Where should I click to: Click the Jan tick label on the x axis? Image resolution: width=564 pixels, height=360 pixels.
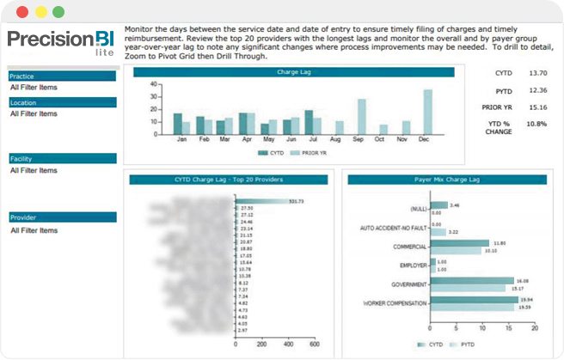pyautogui.click(x=181, y=138)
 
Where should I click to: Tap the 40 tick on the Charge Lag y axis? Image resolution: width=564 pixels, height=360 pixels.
pyautogui.click(x=153, y=85)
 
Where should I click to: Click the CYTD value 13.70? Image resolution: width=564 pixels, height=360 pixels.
pyautogui.click(x=538, y=74)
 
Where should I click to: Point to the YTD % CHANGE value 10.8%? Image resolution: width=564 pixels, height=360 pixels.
pyautogui.click(x=536, y=124)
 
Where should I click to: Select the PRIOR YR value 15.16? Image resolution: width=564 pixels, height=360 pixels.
pyautogui.click(x=538, y=107)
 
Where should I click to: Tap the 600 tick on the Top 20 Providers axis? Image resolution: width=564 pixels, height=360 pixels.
pyautogui.click(x=315, y=344)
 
